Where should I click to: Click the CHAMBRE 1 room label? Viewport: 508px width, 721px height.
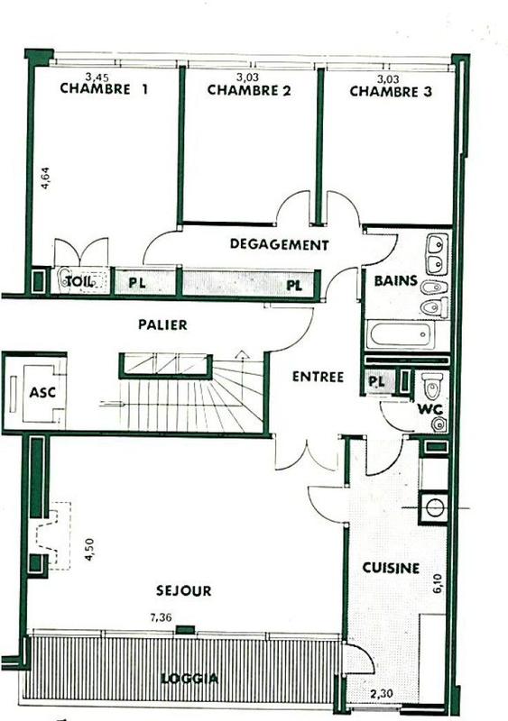tap(104, 90)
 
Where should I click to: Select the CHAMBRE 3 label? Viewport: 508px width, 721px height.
tap(391, 91)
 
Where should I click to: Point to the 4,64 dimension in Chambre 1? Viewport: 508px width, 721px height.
tap(45, 174)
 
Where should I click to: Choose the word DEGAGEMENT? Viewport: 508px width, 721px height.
tap(279, 244)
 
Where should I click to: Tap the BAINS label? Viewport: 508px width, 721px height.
tap(395, 281)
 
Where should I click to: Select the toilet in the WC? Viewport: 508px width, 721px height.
tap(432, 388)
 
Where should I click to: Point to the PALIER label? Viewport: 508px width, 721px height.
tap(162, 325)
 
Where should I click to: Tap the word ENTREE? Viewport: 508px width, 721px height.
tap(318, 378)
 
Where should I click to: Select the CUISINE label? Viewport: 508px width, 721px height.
tap(390, 568)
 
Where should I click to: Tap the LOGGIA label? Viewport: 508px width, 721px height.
tap(184, 678)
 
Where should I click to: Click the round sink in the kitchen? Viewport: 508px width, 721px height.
tap(435, 507)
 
